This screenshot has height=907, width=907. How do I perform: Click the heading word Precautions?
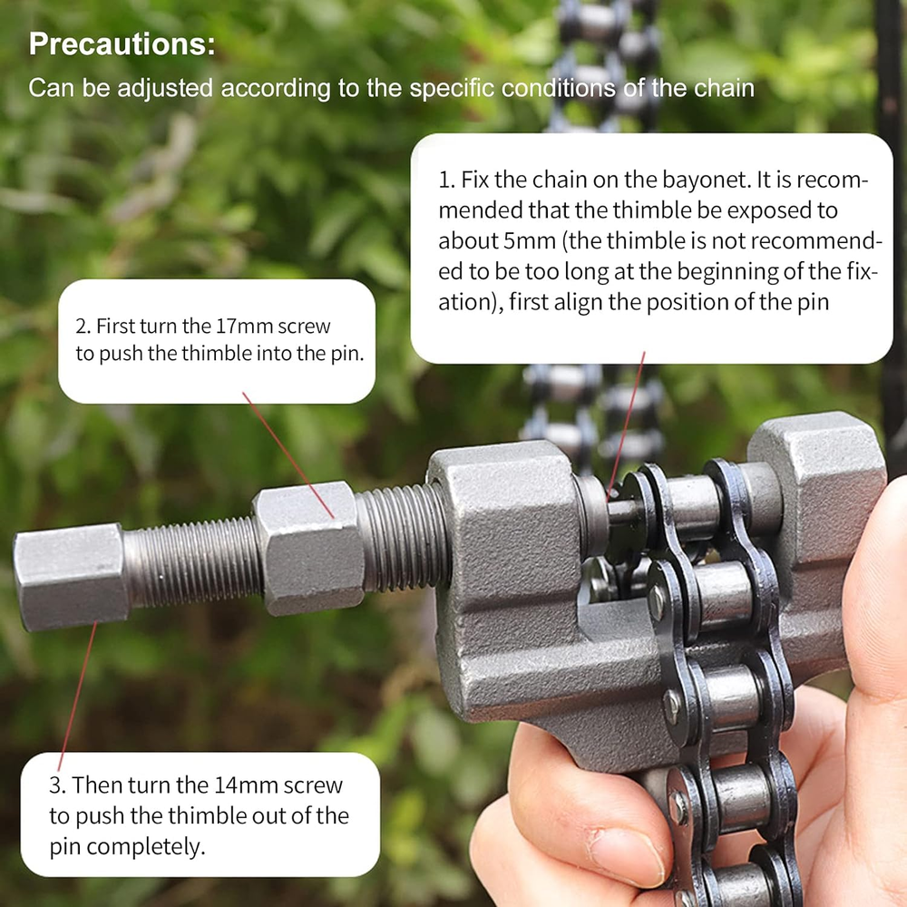coord(122,44)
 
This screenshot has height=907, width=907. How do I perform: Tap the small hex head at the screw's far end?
coord(71,576)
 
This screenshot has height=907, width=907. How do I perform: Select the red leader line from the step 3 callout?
coord(77,696)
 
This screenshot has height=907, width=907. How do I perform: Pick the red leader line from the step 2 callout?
coord(288,454)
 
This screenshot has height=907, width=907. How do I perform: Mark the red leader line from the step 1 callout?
coord(626,424)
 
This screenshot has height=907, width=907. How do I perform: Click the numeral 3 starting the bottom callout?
coord(55,785)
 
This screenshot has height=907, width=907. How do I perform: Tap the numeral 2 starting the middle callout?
coord(83,327)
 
